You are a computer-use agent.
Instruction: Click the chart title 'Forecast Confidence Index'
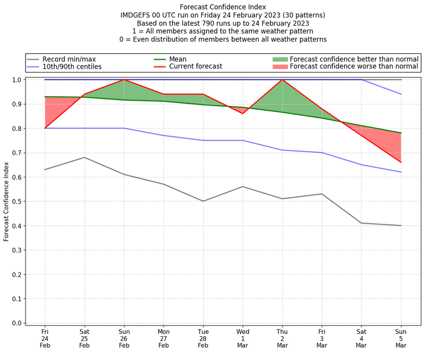pyautogui.click(x=223, y=7)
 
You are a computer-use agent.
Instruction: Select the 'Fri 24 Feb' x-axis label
pyautogui.click(x=45, y=338)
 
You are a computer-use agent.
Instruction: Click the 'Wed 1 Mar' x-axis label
pyautogui.click(x=243, y=338)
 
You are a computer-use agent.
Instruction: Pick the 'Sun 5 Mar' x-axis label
pyautogui.click(x=401, y=338)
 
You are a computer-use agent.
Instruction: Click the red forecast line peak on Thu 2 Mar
pyautogui.click(x=282, y=80)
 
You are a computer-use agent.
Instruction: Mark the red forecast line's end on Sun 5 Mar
pyautogui.click(x=401, y=162)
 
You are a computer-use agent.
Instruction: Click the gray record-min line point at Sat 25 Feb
pyautogui.click(x=84, y=157)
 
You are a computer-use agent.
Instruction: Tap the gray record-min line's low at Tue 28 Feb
pyautogui.click(x=203, y=201)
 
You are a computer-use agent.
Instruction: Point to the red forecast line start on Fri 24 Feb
pyautogui.click(x=45, y=128)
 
